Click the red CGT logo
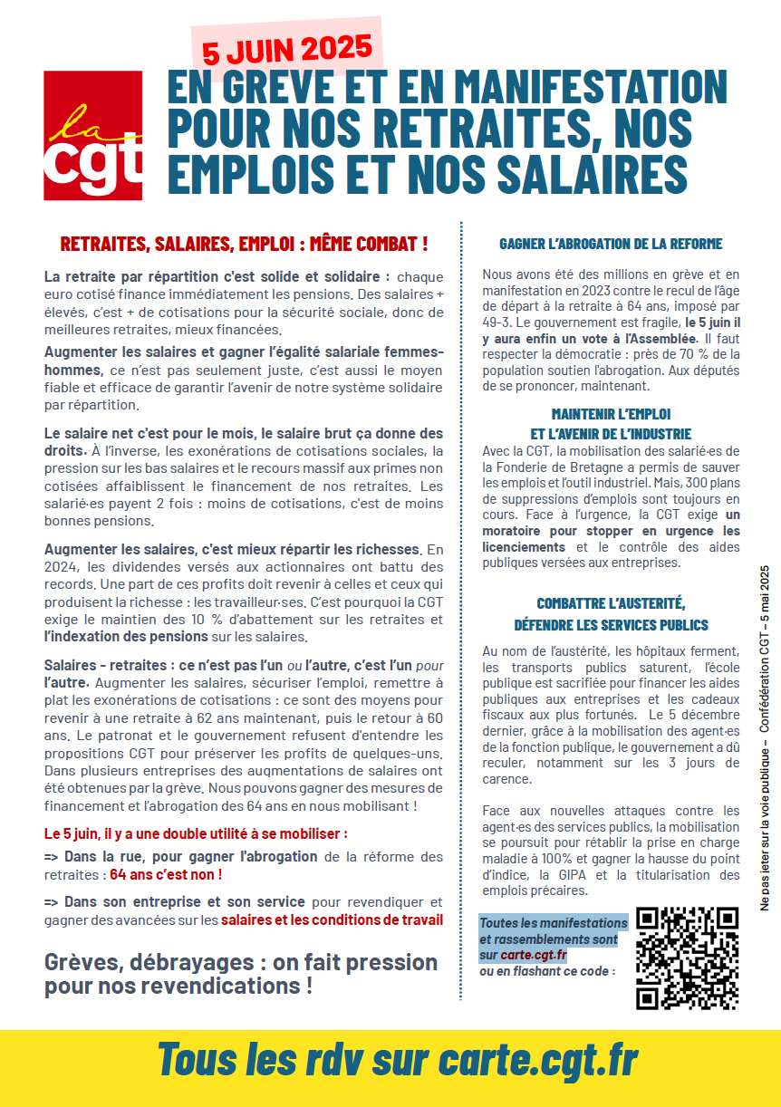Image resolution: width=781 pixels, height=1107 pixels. coord(92,136)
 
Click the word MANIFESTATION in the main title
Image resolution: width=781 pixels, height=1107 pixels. coord(590,89)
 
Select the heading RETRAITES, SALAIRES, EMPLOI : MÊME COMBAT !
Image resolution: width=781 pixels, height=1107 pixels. coord(244,245)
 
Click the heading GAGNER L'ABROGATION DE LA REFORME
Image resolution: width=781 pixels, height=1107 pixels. coord(611,245)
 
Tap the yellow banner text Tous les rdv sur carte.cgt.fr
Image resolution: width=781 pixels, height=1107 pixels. coord(398,1058)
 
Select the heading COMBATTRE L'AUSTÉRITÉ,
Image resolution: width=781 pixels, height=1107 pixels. coord(611,603)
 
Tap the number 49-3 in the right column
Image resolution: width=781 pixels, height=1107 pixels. coord(497,322)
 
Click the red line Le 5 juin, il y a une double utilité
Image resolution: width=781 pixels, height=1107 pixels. coord(196,833)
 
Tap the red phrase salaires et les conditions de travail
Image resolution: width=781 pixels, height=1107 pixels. coord(333,919)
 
